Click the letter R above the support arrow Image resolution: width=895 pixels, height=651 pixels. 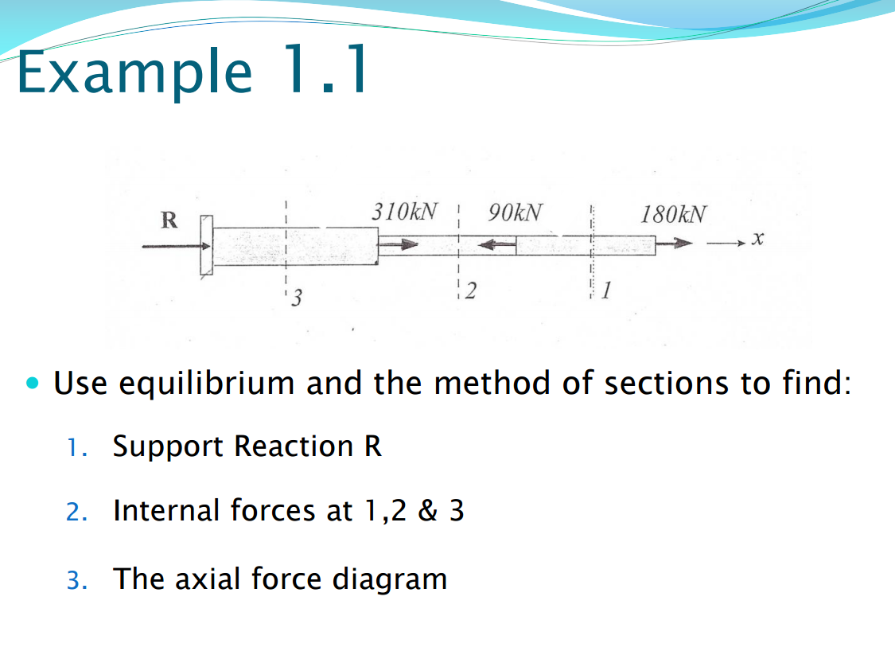click(x=169, y=219)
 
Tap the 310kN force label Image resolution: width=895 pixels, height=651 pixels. click(x=404, y=212)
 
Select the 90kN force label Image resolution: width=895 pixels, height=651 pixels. click(x=517, y=212)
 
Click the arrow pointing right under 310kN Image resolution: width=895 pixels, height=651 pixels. click(x=398, y=246)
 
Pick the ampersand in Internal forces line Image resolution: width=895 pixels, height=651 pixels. click(x=428, y=510)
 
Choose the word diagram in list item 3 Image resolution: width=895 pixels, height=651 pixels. click(x=389, y=579)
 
